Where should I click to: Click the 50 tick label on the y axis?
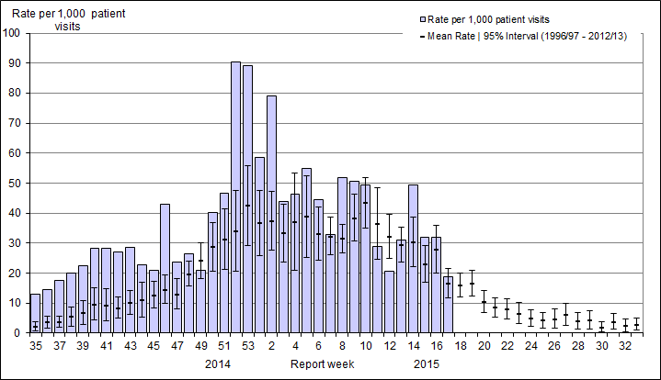tap(16, 184)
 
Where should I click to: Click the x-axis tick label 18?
tap(460, 347)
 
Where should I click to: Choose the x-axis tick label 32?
tap(624, 347)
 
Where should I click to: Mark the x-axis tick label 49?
tap(200, 347)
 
